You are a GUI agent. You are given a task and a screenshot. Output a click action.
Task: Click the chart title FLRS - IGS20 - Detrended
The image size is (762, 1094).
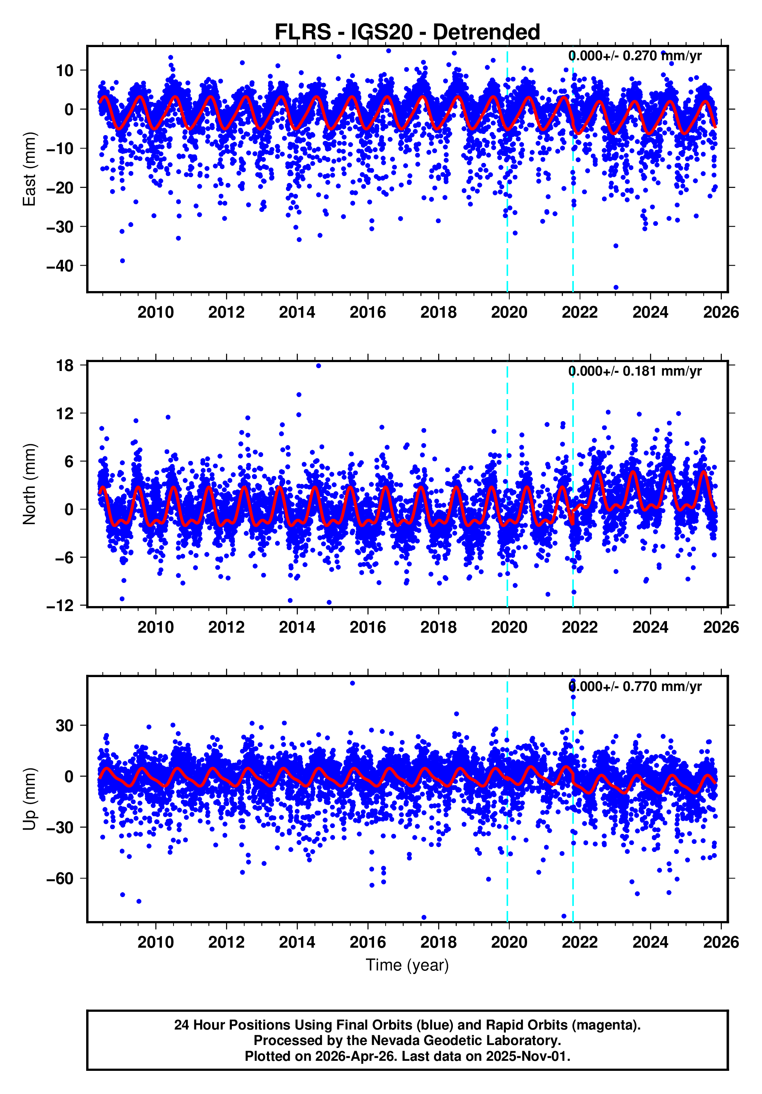pos(407,32)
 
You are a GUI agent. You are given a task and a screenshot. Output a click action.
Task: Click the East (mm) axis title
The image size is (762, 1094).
pos(30,169)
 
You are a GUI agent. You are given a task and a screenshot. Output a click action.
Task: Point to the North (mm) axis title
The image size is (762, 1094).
pos(30,484)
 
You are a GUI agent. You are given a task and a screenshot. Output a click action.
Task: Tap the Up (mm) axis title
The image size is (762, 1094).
pos(30,799)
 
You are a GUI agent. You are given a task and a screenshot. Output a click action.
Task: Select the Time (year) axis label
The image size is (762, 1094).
pos(407,965)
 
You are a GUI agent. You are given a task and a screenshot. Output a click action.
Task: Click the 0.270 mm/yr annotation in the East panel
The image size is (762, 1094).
pos(635,56)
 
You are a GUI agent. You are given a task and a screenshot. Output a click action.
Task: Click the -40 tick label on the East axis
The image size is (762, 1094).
pos(60,266)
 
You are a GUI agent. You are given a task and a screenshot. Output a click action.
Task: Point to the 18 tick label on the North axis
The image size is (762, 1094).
pos(65,366)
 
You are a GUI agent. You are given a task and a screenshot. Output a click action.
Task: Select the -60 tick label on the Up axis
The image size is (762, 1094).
pos(60,878)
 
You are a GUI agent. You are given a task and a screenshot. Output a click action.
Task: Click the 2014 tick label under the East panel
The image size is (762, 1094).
pos(297,313)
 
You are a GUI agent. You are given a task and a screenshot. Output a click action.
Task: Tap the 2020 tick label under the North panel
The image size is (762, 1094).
pos(509,628)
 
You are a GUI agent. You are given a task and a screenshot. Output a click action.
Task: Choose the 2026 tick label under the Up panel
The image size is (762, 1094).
pos(721,942)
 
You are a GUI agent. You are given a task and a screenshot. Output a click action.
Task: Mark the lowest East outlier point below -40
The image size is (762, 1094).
pos(616,287)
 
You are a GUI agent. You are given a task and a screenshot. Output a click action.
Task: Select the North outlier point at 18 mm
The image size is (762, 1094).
pos(318,366)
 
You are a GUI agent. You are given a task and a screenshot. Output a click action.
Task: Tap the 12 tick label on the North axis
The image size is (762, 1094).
pos(65,413)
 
